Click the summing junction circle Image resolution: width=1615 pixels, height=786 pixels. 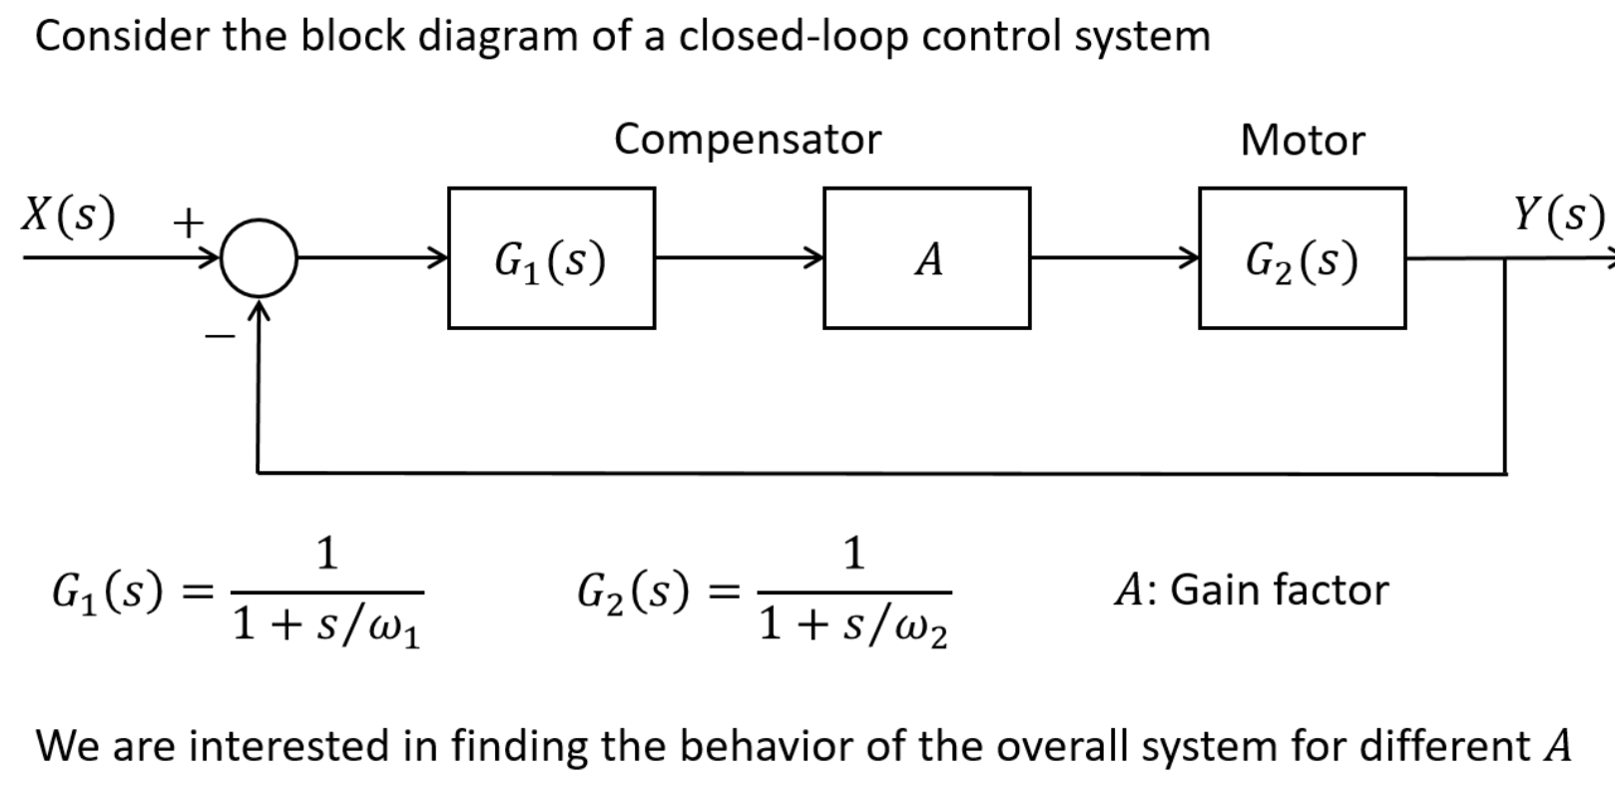tap(259, 257)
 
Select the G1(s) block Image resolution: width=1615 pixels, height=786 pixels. tap(551, 258)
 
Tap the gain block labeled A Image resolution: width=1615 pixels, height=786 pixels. tap(926, 258)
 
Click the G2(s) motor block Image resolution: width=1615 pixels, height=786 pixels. tap(1302, 258)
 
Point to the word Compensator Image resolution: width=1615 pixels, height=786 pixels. tap(748, 139)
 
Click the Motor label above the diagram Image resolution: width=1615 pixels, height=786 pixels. tap(1302, 140)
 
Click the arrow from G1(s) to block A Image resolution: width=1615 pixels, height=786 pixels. tap(739, 258)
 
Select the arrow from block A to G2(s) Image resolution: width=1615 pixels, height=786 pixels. tap(1114, 258)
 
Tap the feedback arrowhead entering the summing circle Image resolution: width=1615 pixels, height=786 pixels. tap(259, 311)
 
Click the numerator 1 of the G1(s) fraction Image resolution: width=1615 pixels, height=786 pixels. tap(326, 553)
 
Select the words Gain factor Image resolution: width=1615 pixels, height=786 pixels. tap(1279, 589)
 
